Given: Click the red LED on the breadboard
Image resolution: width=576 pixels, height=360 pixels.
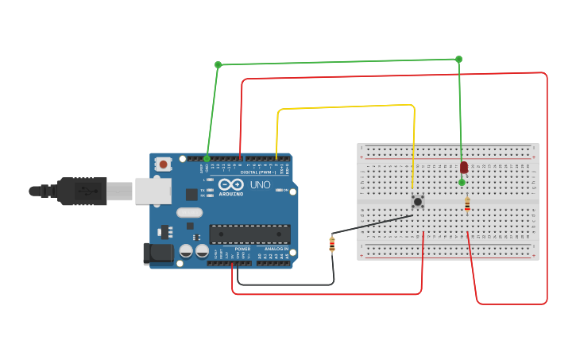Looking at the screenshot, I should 464,167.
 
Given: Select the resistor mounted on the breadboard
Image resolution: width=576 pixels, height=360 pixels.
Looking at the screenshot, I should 467,204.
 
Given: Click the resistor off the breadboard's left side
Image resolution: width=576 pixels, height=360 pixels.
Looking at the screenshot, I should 332,244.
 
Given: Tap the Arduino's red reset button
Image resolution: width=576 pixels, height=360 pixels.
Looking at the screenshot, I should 164,165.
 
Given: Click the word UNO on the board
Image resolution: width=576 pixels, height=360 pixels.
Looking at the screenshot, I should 261,185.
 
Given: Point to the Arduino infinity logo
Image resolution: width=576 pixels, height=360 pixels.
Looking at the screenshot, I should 231,184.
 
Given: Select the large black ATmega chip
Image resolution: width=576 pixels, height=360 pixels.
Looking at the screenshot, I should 249,234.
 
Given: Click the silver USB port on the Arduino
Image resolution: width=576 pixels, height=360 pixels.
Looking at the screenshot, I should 153,191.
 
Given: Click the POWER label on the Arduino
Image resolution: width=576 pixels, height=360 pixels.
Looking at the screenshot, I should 242,249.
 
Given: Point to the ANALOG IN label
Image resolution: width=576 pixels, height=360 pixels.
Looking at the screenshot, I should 276,249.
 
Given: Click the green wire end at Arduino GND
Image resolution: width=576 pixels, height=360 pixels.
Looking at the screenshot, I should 207,158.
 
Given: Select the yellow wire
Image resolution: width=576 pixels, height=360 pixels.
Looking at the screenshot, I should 346,106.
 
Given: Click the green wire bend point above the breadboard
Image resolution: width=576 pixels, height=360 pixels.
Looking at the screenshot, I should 458,60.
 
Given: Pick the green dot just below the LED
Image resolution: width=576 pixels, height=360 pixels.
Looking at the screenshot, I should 462,182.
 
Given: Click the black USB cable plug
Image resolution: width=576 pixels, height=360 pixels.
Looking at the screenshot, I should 79,191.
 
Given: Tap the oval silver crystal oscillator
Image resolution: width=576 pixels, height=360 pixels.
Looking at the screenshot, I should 190,212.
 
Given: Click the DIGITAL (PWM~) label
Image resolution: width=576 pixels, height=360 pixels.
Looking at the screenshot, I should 259,172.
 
